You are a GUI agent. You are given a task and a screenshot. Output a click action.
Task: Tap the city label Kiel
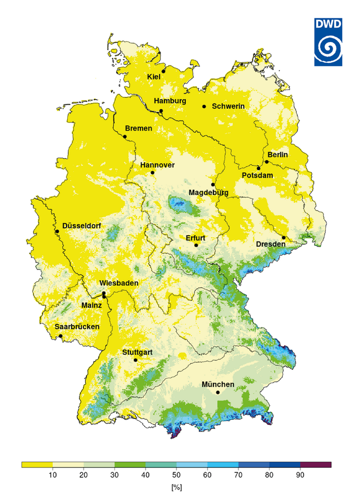point(154,77)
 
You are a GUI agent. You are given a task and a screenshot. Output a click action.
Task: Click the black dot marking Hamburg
point(161,111)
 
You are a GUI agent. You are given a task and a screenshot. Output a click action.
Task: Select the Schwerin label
point(228,106)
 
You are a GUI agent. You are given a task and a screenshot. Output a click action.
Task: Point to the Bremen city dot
point(125,137)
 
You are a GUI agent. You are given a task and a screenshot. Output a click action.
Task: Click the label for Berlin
point(278,155)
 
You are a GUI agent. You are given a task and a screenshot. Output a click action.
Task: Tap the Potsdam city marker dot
point(259,168)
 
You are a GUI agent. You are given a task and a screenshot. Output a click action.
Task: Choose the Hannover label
point(157,165)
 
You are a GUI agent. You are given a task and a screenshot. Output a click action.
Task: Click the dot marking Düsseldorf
point(57,231)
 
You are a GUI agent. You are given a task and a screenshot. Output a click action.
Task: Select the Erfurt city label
point(197,238)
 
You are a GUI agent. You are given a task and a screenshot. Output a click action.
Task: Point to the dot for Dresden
point(284,238)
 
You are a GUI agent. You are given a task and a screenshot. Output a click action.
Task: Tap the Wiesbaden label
point(118,283)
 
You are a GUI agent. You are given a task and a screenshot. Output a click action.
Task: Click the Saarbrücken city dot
point(61,336)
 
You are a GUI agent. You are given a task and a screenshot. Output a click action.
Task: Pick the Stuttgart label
point(137,352)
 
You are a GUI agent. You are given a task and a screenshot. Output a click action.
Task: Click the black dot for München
point(218,392)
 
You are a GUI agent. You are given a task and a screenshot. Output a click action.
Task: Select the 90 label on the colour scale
point(300,475)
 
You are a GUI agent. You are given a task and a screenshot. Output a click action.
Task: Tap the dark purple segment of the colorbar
point(316,464)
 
